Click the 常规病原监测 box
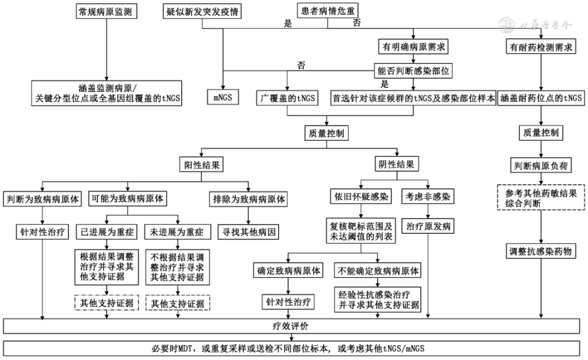pyautogui.click(x=107, y=12)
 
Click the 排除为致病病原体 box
pyautogui.click(x=249, y=199)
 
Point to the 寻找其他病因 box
pyautogui.click(x=249, y=232)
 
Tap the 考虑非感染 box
pyautogui.click(x=427, y=199)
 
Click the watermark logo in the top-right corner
pyautogui.click(x=508, y=25)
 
